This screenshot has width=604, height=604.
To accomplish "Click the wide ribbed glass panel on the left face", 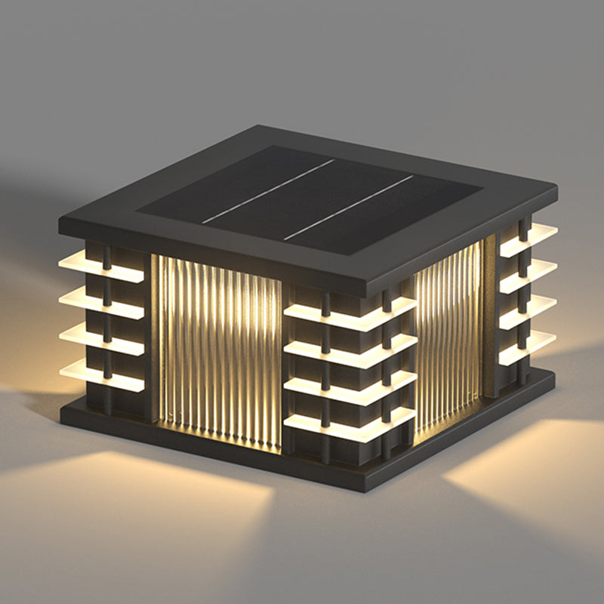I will point(219,351).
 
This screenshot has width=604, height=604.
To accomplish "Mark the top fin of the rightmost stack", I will point(528,239).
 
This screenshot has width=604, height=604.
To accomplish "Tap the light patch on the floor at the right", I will point(528,453).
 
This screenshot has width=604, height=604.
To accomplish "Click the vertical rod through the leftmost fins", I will point(107,317).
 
